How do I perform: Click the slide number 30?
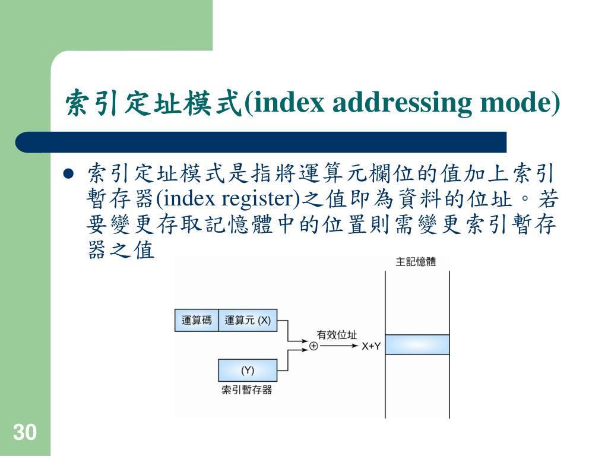[24, 432]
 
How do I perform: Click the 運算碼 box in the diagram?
[197, 320]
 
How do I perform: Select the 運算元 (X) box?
[248, 320]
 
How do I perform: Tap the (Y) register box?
[248, 370]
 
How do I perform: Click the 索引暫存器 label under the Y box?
[246, 390]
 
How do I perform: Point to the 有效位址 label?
[337, 334]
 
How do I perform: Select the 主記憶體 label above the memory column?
[416, 262]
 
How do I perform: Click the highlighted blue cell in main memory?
[417, 344]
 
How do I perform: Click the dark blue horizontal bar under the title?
[261, 142]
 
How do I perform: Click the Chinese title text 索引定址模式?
[153, 103]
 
